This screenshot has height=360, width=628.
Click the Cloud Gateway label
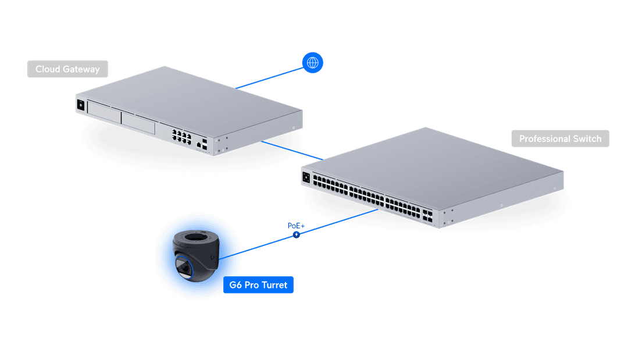(67, 69)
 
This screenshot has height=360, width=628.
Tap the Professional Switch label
(560, 139)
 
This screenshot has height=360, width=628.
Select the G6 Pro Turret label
(258, 286)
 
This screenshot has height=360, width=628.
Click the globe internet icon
(313, 62)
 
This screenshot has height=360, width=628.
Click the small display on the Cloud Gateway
(80, 105)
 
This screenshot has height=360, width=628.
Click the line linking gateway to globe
(270, 76)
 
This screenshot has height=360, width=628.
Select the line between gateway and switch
(291, 149)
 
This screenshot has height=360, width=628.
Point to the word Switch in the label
(588, 139)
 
